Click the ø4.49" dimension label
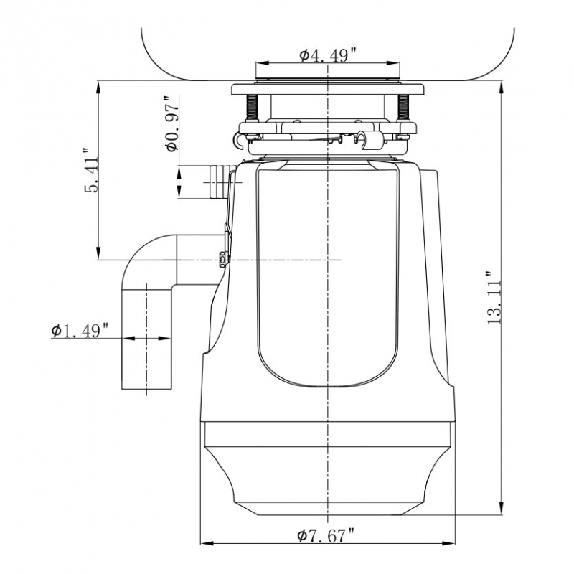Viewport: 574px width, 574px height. (327, 55)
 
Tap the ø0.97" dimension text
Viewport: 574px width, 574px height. (171, 123)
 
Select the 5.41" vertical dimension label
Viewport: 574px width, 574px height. (91, 171)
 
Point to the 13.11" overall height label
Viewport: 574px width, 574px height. (494, 297)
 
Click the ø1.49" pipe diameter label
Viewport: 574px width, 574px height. (80, 331)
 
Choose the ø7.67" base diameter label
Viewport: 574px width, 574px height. (326, 536)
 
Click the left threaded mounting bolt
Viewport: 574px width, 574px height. (253, 108)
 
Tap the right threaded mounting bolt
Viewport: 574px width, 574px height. (403, 108)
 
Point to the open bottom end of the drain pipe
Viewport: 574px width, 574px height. (147, 389)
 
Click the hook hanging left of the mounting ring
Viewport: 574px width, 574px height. (238, 141)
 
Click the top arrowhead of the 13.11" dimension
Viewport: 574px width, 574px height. (502, 87)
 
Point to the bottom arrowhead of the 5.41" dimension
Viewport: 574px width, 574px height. (98, 253)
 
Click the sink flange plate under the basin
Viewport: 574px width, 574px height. (328, 89)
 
